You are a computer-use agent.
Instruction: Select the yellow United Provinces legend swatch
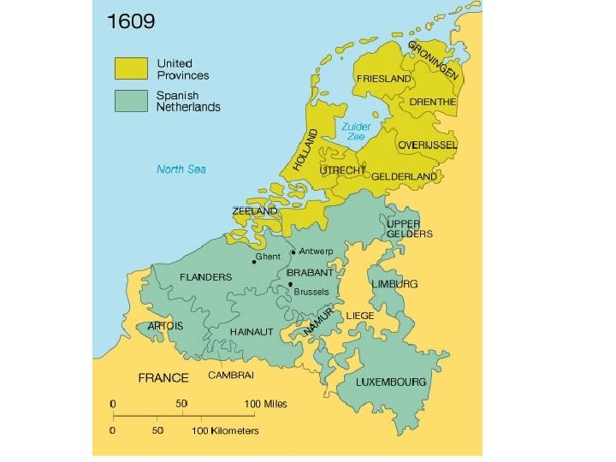[x=131, y=69]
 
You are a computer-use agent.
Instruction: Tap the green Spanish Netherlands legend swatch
[x=131, y=100]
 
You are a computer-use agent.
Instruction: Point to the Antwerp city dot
[x=293, y=252]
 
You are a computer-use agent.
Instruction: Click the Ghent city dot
[x=253, y=261]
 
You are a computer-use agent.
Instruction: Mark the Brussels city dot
[x=290, y=284]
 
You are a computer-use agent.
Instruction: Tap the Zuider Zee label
[x=356, y=131]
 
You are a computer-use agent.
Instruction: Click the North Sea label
[x=181, y=169]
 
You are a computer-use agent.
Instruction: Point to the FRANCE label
[x=163, y=377]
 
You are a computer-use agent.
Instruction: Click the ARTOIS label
[x=165, y=326]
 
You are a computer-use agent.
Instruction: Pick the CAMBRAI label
[x=229, y=375]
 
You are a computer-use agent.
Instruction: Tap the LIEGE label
[x=360, y=315]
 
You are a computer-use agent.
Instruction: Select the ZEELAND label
[x=255, y=210]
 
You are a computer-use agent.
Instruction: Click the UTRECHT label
[x=342, y=171]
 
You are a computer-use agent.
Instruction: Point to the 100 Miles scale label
[x=267, y=403]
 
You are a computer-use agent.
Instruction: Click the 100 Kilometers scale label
[x=225, y=430]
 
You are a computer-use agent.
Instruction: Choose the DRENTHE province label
[x=433, y=102]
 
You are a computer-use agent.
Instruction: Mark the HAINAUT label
[x=252, y=331]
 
